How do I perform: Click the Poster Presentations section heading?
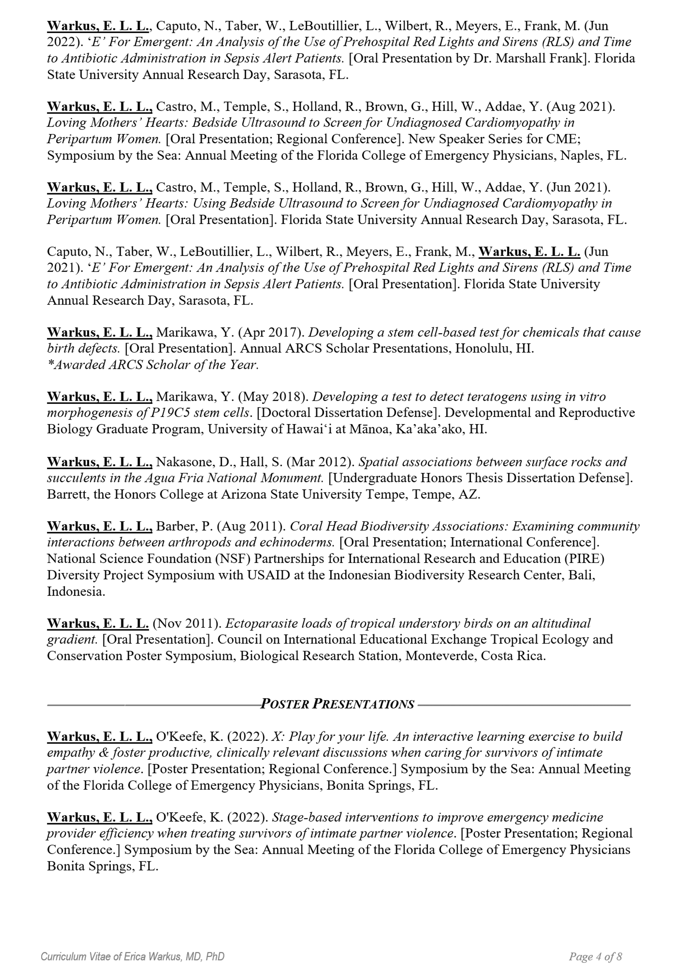click(x=337, y=704)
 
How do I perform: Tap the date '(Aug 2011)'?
click(x=251, y=526)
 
